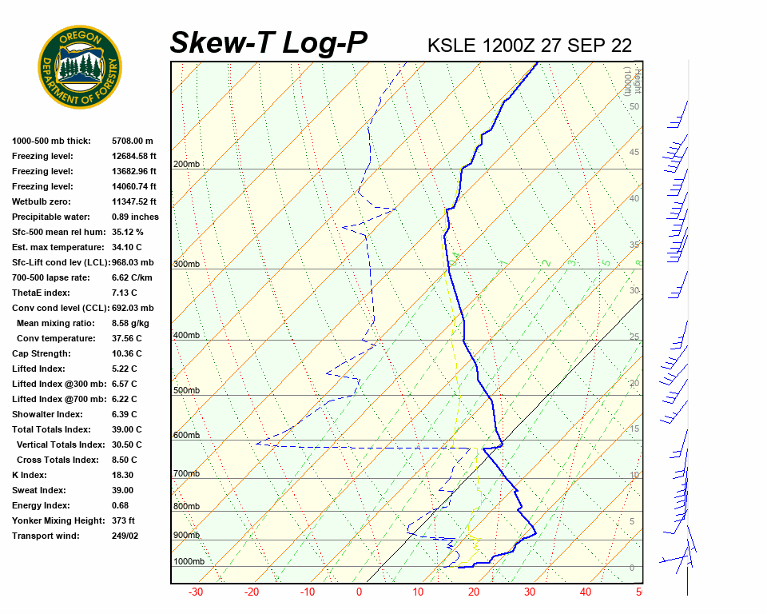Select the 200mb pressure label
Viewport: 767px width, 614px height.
186,165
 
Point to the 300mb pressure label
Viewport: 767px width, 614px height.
186,264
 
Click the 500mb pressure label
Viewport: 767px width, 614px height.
186,390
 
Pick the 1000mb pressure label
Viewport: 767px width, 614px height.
189,561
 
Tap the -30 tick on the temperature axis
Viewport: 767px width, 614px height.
195,592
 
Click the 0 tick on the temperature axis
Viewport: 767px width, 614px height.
359,592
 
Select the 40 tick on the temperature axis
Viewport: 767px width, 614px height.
586,592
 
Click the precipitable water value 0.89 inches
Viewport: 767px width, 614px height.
135,217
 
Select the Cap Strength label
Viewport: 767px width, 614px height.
42,353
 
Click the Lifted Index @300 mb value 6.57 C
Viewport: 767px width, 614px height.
124,384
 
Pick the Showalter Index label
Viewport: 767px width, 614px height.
47,414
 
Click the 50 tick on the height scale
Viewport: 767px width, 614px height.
634,106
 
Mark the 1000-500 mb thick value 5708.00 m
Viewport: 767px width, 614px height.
133,141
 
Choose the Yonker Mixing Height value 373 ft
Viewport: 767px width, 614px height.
123,520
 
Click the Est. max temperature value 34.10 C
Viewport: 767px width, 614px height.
126,247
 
